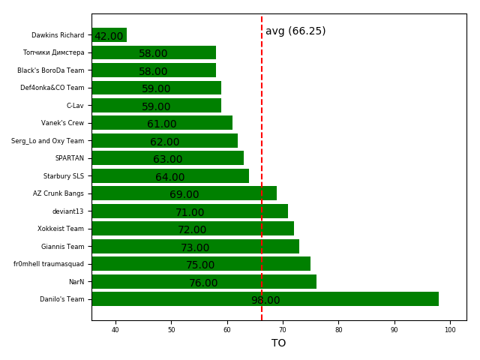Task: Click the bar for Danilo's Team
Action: coord(265,299)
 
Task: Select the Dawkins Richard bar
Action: coord(109,35)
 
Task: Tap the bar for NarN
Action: coord(203,282)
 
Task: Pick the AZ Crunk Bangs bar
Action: coord(184,193)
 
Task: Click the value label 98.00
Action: coord(265,301)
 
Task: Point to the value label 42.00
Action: coord(109,37)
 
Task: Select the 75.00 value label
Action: coord(200,265)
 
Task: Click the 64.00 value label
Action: coord(170,178)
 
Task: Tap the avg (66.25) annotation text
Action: coord(295,31)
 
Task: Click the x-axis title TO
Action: coord(279,343)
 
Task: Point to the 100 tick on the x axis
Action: coord(450,330)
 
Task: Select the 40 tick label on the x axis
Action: coord(115,330)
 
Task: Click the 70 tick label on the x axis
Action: coord(283,330)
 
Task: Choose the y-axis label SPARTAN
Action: coord(70,158)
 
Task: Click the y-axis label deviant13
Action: coord(68,211)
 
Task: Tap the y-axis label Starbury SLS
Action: coord(64,176)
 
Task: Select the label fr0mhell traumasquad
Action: coord(49,264)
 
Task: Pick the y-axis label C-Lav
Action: coord(75,106)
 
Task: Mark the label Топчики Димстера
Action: coord(54,52)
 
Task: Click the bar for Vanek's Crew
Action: coord(161,123)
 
